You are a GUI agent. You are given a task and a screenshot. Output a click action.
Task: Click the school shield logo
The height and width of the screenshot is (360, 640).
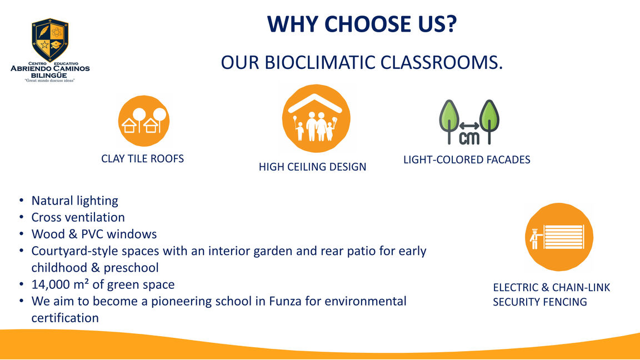coord(50,39)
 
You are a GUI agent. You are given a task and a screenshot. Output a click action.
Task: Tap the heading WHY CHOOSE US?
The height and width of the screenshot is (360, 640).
coord(362,24)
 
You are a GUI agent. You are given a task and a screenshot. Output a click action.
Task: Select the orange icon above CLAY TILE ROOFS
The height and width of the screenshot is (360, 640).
coord(144,121)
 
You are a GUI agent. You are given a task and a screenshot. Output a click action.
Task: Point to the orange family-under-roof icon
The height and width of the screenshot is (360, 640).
coord(316,118)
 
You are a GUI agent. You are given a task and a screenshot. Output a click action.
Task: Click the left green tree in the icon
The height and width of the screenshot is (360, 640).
coord(449,121)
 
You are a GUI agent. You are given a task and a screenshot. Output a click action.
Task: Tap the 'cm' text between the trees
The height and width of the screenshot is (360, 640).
coord(469,138)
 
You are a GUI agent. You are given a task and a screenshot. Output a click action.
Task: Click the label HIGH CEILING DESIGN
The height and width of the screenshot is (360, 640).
coord(312,167)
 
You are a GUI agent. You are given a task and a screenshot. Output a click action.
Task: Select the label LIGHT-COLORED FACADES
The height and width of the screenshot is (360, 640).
coord(467,159)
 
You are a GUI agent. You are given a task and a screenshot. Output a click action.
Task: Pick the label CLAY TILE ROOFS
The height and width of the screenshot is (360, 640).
coord(142,159)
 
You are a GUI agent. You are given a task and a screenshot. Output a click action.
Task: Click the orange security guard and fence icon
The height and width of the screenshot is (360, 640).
coord(559,237)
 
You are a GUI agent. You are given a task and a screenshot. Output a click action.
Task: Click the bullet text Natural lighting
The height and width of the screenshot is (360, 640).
coord(74,201)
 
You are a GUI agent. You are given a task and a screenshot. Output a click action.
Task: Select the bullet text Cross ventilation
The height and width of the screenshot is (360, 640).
coord(78,218)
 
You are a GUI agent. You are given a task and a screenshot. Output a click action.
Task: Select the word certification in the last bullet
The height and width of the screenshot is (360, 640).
coord(65,318)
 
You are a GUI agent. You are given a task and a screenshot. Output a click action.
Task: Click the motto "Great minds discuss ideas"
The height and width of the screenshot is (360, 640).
coord(50,81)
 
